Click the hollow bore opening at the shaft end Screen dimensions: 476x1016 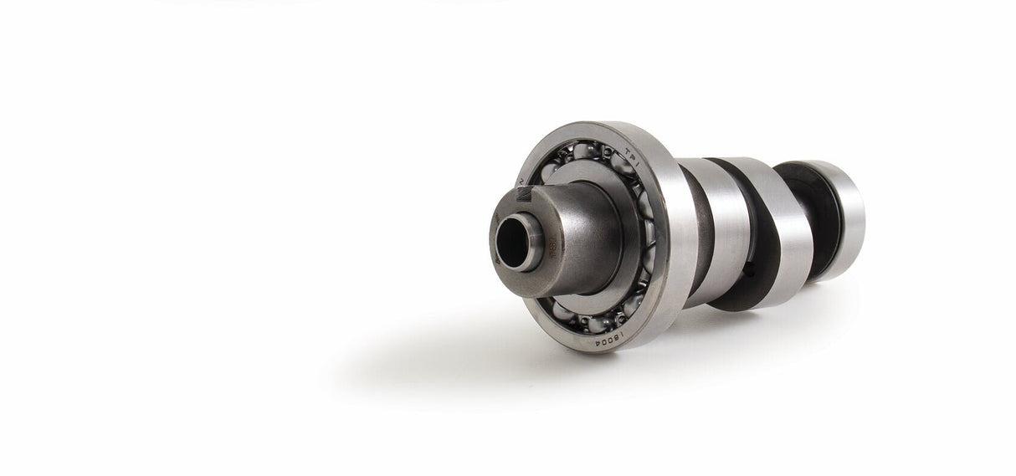pyautogui.click(x=511, y=243)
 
